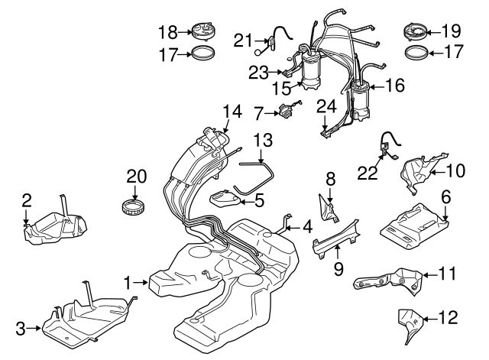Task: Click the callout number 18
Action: click(x=167, y=31)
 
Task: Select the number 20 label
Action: click(x=136, y=175)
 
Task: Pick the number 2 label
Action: click(x=27, y=201)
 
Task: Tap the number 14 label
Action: click(x=232, y=112)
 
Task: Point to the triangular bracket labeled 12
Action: click(x=410, y=324)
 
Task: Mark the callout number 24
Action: click(x=327, y=105)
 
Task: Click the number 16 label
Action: click(x=394, y=87)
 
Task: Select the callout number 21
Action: click(x=243, y=41)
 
